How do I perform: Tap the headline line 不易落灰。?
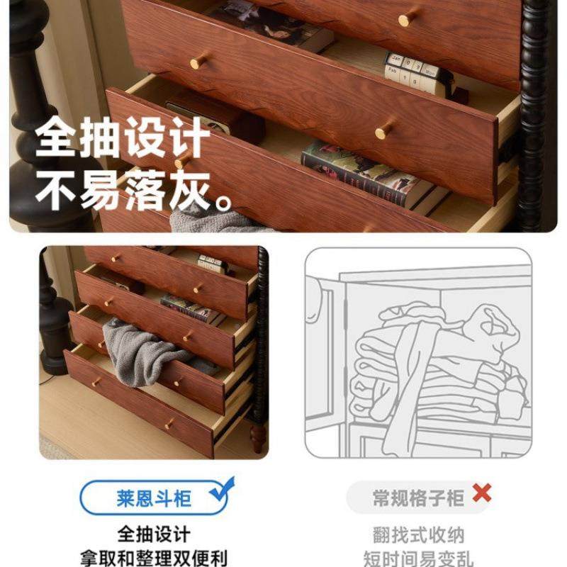135,191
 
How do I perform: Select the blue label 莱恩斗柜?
154,498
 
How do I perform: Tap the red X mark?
482,493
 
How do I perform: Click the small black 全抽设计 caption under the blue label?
154,534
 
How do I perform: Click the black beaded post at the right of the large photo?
537,113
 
